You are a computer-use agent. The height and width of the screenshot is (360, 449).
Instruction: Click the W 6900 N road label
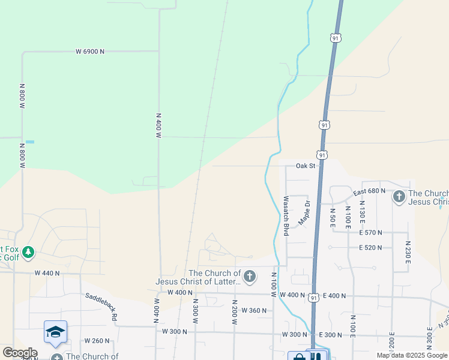point(90,52)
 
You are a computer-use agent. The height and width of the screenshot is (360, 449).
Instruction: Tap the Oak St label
point(305,166)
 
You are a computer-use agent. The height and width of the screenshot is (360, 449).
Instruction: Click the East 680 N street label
point(368,191)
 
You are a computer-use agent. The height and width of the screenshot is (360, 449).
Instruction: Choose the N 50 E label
point(333,216)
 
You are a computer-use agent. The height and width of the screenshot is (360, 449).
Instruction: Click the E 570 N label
point(370,232)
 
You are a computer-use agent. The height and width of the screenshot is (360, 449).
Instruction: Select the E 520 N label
point(370,248)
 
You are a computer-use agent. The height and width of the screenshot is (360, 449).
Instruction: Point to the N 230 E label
point(408,253)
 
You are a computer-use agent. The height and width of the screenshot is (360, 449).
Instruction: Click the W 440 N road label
point(47,273)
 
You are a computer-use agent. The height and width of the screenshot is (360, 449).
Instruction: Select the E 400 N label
point(335,296)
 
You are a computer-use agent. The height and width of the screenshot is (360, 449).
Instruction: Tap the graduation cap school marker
point(55,332)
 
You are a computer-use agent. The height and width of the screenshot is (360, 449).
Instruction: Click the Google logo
point(20,353)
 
